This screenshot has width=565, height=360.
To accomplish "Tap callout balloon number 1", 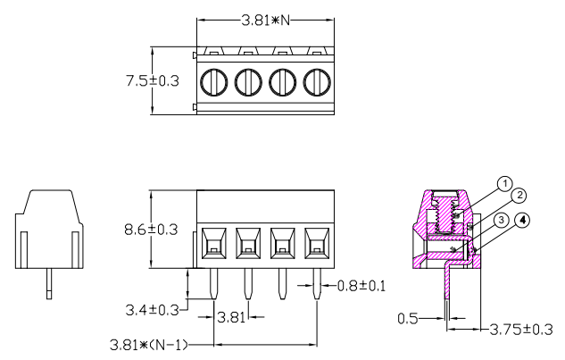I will coord(505,184).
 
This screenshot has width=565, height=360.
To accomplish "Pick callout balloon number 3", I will coord(503,220).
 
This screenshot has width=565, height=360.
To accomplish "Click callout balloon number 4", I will coord(522,220).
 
